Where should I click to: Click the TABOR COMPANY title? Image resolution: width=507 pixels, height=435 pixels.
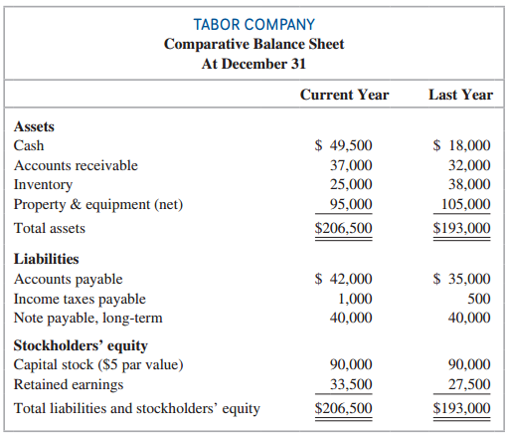(x=253, y=24)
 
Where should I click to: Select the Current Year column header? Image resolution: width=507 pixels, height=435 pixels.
(x=344, y=96)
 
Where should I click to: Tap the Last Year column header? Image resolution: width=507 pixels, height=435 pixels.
(x=460, y=96)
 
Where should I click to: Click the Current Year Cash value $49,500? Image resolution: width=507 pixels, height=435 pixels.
(x=344, y=145)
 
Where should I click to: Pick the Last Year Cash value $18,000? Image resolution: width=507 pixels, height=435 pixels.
(x=462, y=145)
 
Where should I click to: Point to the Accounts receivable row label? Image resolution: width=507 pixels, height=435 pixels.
(x=76, y=165)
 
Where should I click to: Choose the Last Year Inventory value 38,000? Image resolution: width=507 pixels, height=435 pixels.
(x=470, y=184)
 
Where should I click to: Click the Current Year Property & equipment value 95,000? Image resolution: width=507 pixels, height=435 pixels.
(x=351, y=204)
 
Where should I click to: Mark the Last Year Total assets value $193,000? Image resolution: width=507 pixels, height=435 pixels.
(x=462, y=228)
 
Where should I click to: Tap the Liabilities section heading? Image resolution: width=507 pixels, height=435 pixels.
(x=46, y=259)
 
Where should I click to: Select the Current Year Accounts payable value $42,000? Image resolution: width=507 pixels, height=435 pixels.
(x=344, y=279)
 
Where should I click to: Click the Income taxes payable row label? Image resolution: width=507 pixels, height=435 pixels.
(x=80, y=299)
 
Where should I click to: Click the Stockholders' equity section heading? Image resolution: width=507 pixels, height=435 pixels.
(x=81, y=345)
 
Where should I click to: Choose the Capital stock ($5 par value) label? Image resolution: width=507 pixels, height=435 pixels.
(x=97, y=364)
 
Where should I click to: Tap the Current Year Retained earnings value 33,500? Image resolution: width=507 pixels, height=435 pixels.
(x=351, y=384)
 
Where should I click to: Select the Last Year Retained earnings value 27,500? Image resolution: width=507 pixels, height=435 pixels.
(x=470, y=384)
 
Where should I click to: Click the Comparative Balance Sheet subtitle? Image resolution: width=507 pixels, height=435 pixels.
(x=253, y=44)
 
